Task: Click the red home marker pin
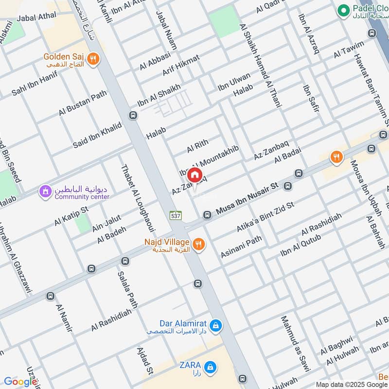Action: [x=194, y=174]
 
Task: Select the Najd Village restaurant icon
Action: [x=198, y=245]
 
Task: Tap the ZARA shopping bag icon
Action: [x=210, y=366]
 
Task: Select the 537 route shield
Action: [x=175, y=214]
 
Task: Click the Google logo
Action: [x=20, y=382]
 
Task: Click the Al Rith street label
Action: [x=197, y=144]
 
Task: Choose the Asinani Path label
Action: [x=241, y=247]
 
